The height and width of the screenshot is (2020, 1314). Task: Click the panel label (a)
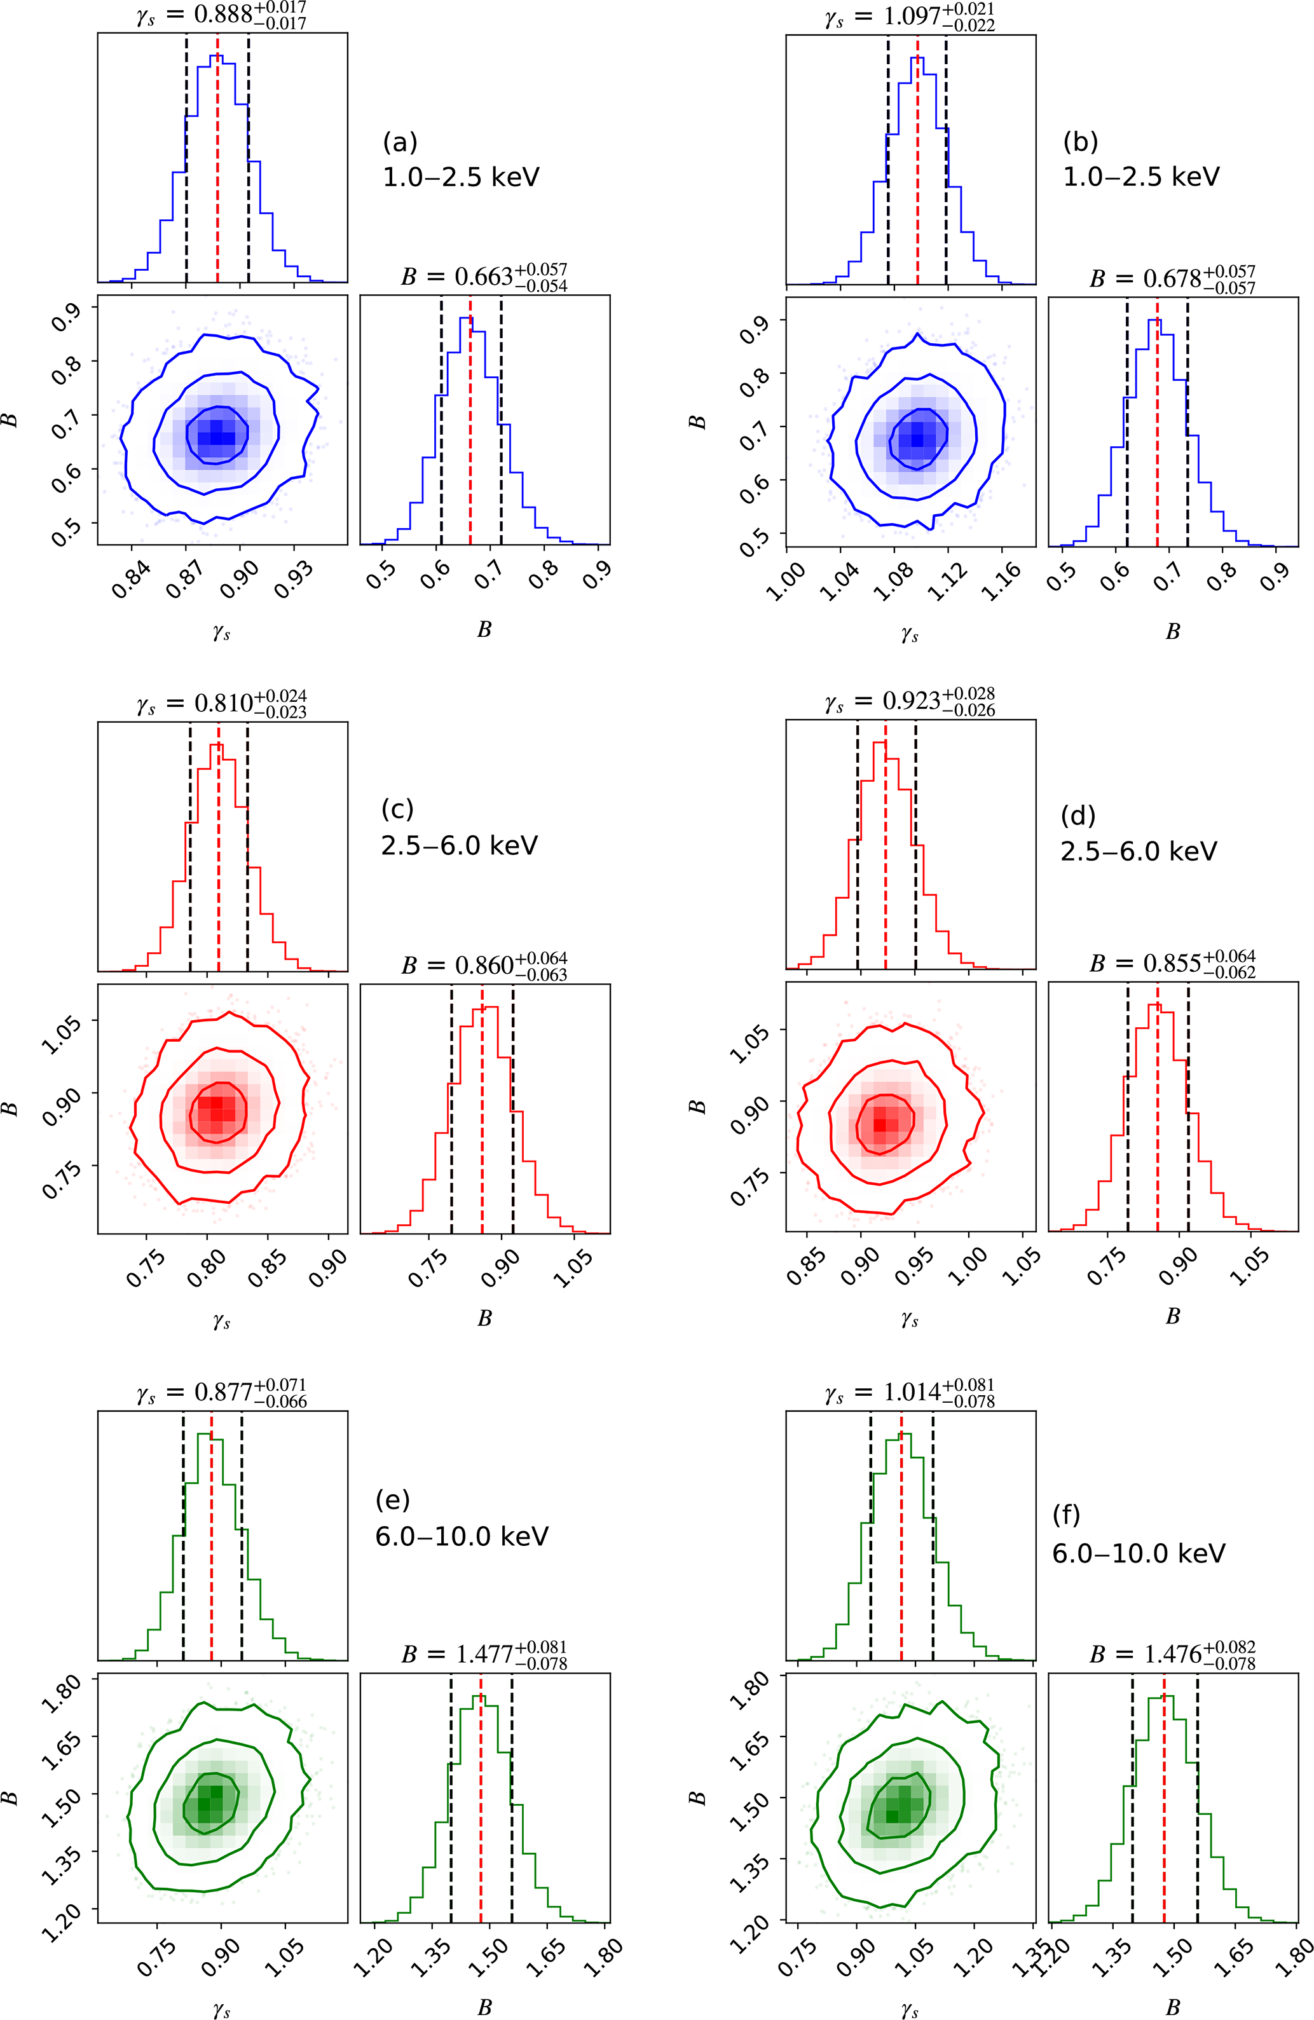pyautogui.click(x=400, y=142)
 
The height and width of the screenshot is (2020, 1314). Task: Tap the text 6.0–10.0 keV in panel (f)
pyautogui.click(x=1139, y=1553)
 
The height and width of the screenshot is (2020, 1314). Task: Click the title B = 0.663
pyautogui.click(x=484, y=278)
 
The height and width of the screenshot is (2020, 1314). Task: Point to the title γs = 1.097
pyautogui.click(x=909, y=17)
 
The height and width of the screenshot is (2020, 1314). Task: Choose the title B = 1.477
pyautogui.click(x=484, y=1655)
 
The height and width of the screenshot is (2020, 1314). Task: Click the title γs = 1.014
pyautogui.click(x=909, y=1395)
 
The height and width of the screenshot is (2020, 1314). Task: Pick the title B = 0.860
pyautogui.click(x=484, y=966)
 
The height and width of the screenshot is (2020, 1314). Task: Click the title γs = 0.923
pyautogui.click(x=909, y=704)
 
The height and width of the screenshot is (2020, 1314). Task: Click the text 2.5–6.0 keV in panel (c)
pyautogui.click(x=459, y=845)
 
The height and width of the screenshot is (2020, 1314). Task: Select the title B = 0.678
pyautogui.click(x=1172, y=279)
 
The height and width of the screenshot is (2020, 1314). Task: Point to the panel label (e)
pyautogui.click(x=392, y=1501)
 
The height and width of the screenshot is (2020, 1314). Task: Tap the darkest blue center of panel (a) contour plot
pyautogui.click(x=218, y=433)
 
